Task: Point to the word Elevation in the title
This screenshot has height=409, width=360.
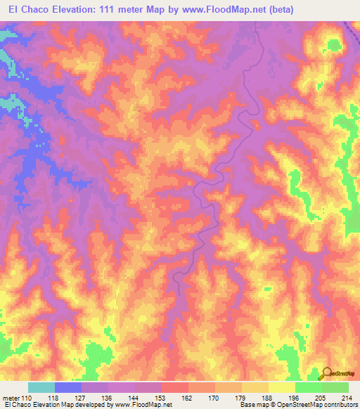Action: pos(78,9)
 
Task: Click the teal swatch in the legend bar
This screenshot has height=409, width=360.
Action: pos(41,387)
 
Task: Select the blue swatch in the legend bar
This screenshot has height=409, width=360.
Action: pos(68,387)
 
